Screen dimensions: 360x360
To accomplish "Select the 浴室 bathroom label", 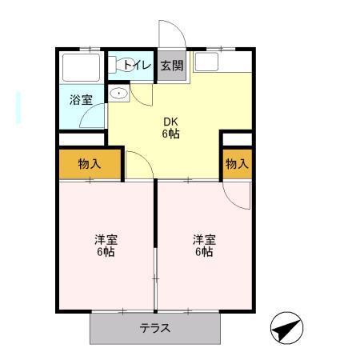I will click(81, 100).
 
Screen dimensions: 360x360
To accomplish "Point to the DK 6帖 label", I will click(171, 127).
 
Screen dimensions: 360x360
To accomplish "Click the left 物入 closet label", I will click(90, 165).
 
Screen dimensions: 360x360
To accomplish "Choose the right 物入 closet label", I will click(236, 165).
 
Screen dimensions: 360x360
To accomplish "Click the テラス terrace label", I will click(155, 328).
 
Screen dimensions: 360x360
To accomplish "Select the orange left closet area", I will click(90, 164).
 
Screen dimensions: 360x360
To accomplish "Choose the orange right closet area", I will click(236, 164).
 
